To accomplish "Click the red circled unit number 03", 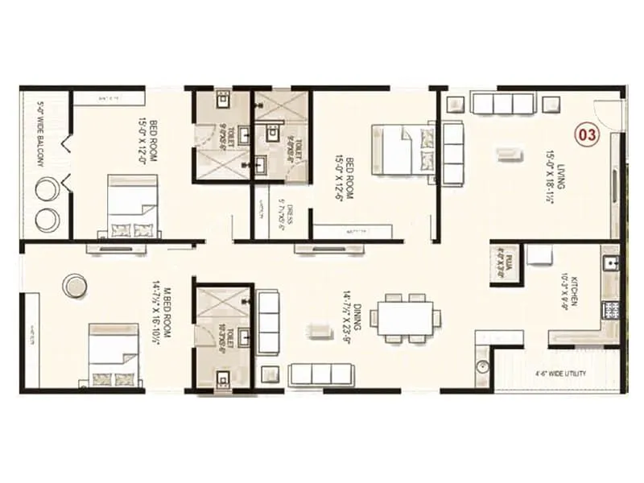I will click(588, 134).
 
